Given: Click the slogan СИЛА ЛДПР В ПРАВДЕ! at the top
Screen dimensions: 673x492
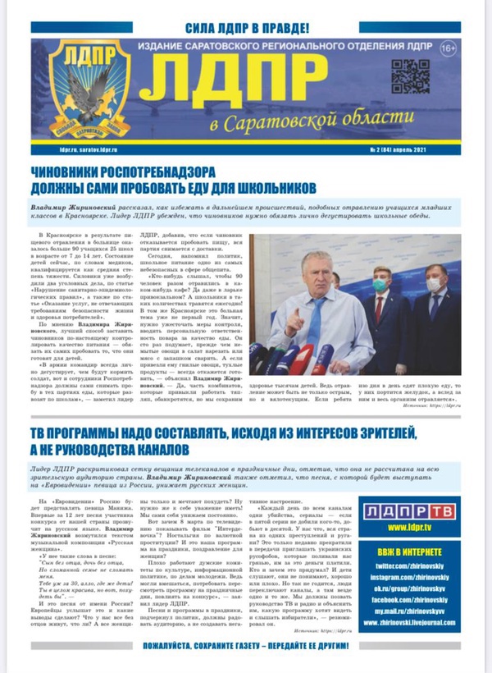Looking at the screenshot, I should (x=246, y=27).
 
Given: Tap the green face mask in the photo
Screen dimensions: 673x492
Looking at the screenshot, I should (x=380, y=285).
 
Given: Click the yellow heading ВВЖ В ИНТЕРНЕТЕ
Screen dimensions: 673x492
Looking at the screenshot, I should (x=416, y=551).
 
